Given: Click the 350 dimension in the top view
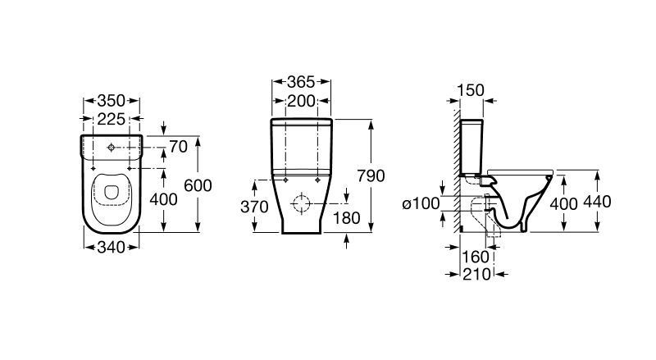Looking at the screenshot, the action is tap(112, 101).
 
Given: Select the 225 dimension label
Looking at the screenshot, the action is tap(112, 119).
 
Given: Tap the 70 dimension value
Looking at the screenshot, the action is tap(178, 147).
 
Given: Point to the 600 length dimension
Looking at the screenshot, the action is tap(198, 185).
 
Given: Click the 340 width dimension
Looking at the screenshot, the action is tap(112, 248).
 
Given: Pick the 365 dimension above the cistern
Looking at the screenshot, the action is tap(301, 82).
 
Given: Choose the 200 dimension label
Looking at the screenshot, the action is tap(301, 101).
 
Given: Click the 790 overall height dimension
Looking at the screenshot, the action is tap(371, 175).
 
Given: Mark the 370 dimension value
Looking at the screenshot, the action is tap(254, 207).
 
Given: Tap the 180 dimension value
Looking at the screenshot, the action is tap(346, 218).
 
